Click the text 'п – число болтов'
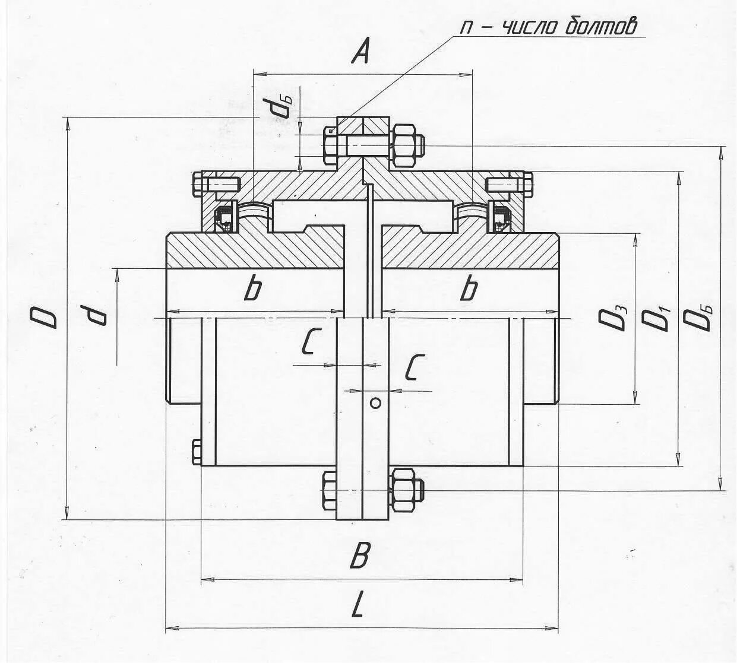pos(549,27)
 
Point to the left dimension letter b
pos(254,289)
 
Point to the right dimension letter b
pos(469,289)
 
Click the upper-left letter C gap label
pos(308,342)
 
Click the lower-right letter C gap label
pos(415,367)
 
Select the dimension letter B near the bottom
pos(360,556)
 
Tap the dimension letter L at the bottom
pos(357,606)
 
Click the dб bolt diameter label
pos(279,107)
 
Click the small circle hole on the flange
pos(375,404)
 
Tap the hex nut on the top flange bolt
pos(403,145)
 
